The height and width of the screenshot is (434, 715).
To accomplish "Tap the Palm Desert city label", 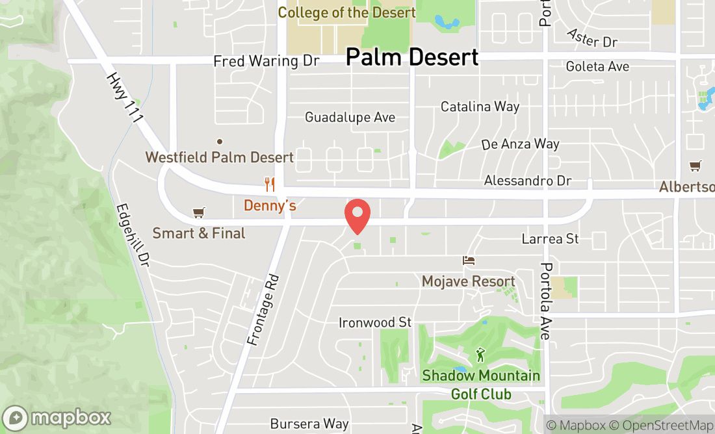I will (x=411, y=57).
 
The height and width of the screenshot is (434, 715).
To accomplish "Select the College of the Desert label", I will (x=346, y=13).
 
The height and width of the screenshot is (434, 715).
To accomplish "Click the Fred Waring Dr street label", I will (x=266, y=61).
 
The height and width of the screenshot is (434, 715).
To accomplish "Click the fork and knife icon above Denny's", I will (x=270, y=185).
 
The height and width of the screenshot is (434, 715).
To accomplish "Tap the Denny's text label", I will (x=270, y=206).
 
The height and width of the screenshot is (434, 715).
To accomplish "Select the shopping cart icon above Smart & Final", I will (x=199, y=212).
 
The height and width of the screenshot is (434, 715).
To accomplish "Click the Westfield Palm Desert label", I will (x=220, y=157).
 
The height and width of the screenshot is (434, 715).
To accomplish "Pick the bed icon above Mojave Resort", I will (x=469, y=261).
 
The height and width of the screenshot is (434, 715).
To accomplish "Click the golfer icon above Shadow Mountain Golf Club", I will (x=480, y=355).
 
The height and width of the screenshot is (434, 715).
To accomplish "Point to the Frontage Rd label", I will (x=263, y=309).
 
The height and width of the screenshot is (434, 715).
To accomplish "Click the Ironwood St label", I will (x=375, y=323).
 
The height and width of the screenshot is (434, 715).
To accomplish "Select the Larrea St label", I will (x=550, y=239).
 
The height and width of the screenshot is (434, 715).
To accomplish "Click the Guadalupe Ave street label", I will (x=350, y=118).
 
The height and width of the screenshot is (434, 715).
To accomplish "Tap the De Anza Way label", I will (x=520, y=144).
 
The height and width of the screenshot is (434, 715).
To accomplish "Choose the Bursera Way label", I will (x=309, y=424).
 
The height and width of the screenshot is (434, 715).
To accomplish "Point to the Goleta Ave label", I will (x=597, y=67).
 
